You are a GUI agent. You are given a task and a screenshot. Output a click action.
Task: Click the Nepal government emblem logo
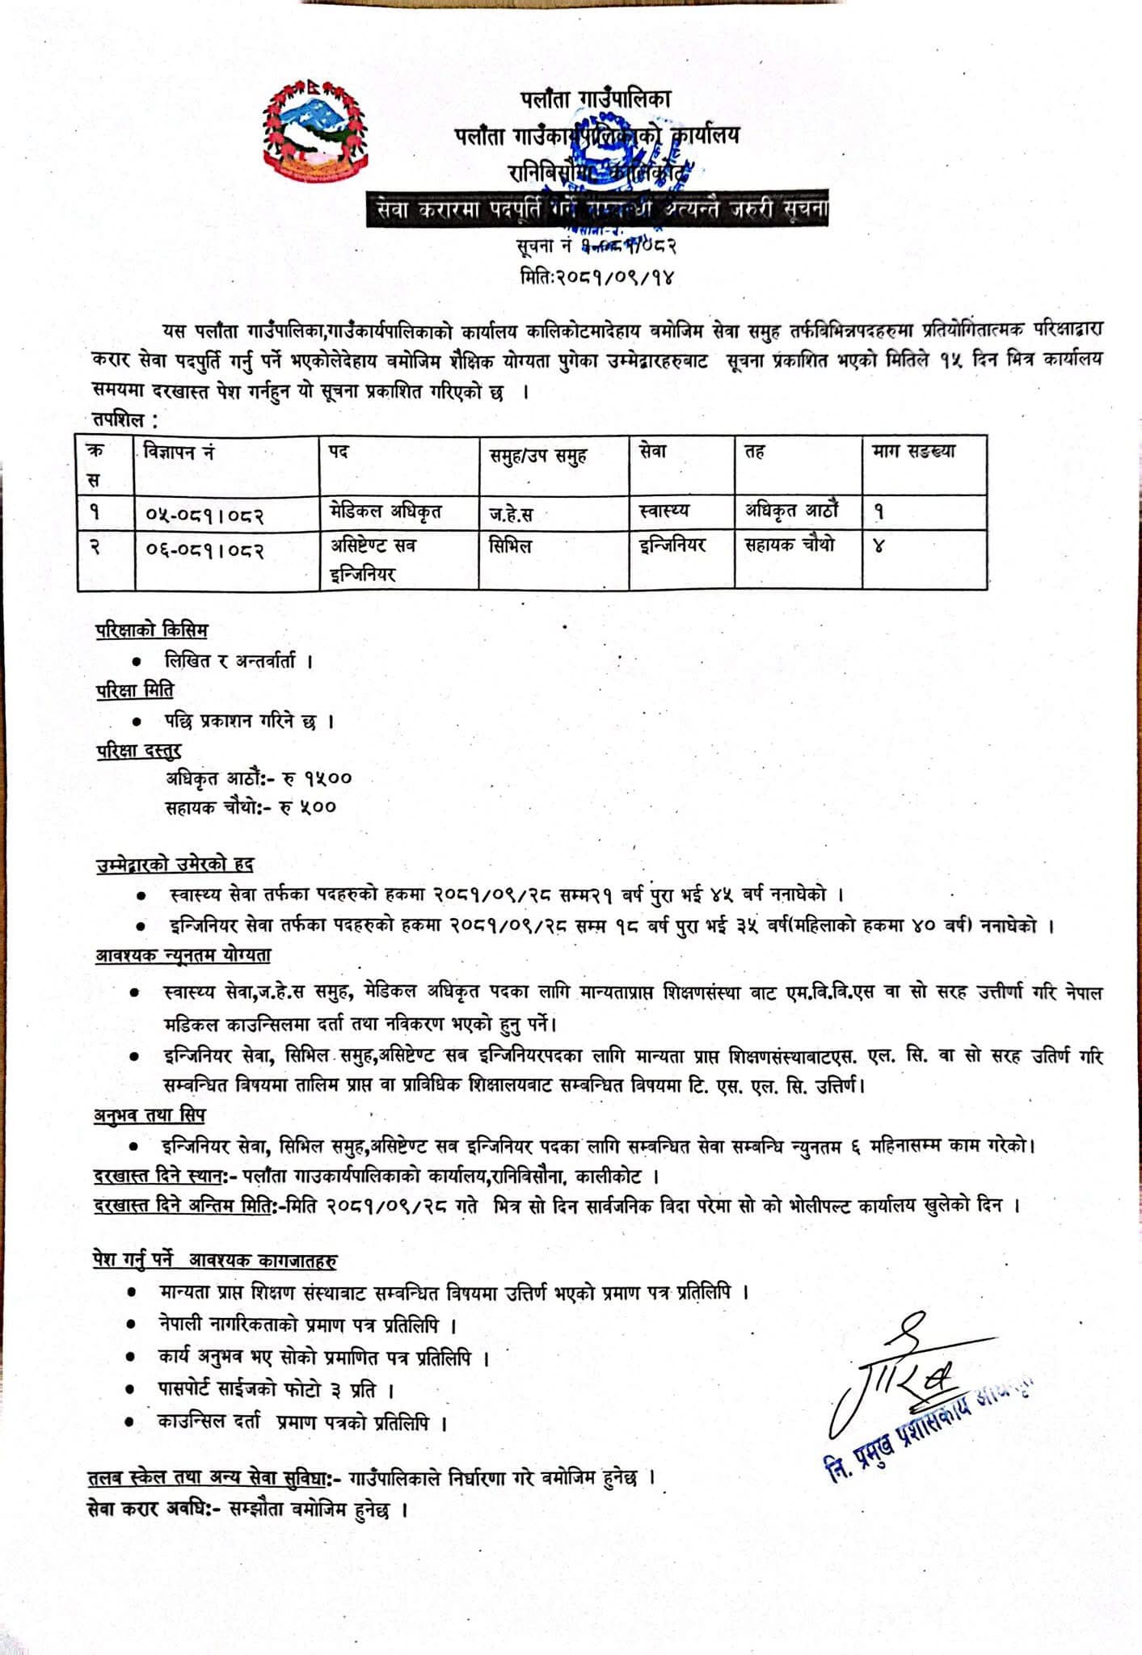pos(314,128)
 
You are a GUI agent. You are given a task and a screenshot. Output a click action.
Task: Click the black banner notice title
pos(597,210)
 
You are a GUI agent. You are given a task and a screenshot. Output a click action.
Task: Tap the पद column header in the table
pos(339,452)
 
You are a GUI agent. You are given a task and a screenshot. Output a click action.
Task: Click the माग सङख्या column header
pos(913,452)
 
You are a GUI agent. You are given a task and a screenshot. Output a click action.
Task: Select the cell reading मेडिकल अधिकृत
pos(386,512)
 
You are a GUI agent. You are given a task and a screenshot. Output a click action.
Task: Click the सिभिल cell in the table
pos(511,546)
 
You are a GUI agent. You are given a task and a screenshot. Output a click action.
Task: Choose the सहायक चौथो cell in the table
pos(789,545)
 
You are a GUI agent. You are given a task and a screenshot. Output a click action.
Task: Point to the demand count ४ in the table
pos(879,547)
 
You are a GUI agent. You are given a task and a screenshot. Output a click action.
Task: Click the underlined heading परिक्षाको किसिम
pos(151,630)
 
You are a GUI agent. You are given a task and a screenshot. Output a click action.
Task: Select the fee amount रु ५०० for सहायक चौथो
pos(307,806)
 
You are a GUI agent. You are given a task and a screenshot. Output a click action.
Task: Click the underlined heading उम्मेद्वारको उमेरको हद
pos(175,865)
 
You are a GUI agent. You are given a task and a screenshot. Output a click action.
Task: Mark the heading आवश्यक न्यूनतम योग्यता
pos(183,955)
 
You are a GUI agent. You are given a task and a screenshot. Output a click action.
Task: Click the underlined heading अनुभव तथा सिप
pos(150,1115)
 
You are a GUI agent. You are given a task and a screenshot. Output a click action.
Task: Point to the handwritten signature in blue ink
pos(897,1374)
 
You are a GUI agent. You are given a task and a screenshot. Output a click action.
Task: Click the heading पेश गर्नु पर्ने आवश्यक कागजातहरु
pos(215,1261)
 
